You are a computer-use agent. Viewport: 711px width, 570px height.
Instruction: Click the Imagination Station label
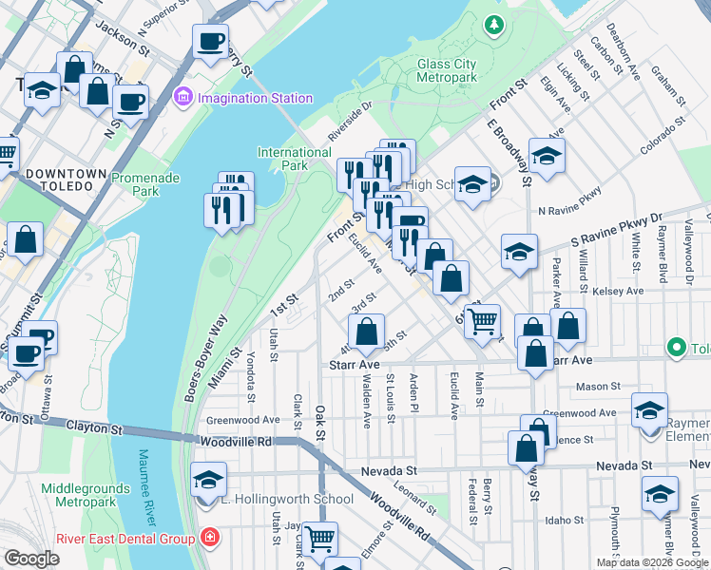pos(255,98)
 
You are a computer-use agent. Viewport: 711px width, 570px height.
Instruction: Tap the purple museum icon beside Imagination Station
pos(184,98)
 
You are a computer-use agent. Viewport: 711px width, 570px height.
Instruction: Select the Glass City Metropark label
pos(460,70)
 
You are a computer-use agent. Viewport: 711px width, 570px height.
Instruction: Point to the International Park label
pos(295,159)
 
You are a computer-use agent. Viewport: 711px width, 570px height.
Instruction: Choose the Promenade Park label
pos(147,184)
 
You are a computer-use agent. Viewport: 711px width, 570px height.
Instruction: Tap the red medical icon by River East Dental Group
pos(209,539)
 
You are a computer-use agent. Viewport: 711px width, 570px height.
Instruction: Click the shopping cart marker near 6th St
pos(483,321)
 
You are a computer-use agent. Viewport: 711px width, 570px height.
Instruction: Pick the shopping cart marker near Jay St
pos(319,538)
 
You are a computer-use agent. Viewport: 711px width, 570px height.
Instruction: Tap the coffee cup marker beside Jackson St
pos(210,41)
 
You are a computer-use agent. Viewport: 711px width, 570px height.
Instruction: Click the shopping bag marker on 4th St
pos(366,332)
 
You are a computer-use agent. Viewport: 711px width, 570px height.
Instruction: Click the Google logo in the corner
pos(31,559)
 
